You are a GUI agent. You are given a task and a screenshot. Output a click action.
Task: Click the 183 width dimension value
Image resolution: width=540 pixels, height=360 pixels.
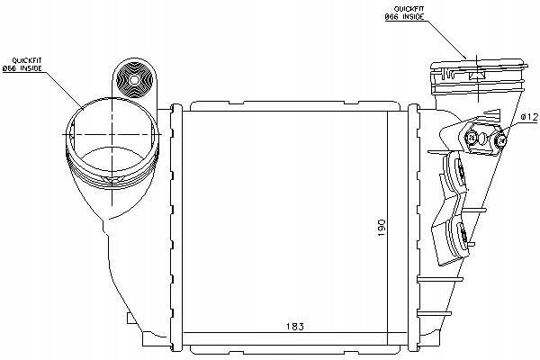pos(295,326)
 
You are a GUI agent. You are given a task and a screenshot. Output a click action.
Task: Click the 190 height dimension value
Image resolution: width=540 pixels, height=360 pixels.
pos(382,228)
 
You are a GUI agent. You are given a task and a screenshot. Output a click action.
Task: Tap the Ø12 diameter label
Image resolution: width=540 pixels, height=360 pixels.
pos(528,118)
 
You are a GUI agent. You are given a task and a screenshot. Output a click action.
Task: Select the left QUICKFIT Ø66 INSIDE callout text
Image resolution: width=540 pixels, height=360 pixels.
pos(22,65)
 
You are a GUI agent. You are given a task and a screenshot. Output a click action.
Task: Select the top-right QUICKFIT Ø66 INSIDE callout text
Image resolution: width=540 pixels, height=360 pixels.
pos(404,13)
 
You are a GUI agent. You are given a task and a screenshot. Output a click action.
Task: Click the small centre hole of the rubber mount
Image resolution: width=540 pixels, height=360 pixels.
pos(134,80)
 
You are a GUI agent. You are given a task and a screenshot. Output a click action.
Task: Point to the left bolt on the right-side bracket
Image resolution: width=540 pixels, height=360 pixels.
pos(471,139)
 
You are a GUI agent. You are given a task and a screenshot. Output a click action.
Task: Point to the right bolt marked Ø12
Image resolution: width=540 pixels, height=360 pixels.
pos(500,139)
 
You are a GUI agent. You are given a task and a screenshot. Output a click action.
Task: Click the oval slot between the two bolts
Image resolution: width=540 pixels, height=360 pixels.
pos(483,139)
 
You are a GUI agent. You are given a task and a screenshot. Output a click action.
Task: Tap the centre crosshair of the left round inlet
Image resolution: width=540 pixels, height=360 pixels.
pos(112,134)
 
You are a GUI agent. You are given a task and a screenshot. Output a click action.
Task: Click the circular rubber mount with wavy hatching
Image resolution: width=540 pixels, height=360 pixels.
pos(134,80)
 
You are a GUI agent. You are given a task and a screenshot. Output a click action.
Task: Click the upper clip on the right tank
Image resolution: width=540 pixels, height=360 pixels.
pos(454,172)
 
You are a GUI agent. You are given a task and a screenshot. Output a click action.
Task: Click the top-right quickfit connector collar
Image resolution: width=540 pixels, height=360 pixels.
pos(479,76)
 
